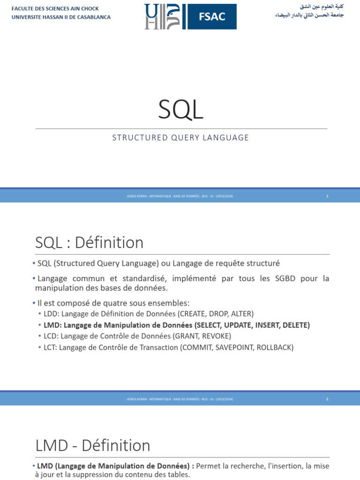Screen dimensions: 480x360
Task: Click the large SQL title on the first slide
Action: (180, 110)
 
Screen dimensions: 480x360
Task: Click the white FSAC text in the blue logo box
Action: (212, 16)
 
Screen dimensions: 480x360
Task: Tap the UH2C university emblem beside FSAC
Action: (162, 17)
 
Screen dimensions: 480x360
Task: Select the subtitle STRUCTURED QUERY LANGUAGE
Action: (180, 138)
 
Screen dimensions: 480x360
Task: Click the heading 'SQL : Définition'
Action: (89, 243)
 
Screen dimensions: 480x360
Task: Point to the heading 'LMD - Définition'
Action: (93, 445)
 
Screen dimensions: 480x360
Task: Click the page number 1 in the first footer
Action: (327, 196)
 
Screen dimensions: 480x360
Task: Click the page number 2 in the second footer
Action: (327, 399)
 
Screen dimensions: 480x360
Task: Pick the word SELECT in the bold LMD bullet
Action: (208, 325)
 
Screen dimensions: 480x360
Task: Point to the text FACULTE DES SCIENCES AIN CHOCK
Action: (55, 9)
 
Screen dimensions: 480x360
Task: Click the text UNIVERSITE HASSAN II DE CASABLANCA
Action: (61, 17)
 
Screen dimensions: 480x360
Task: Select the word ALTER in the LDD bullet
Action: (240, 314)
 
